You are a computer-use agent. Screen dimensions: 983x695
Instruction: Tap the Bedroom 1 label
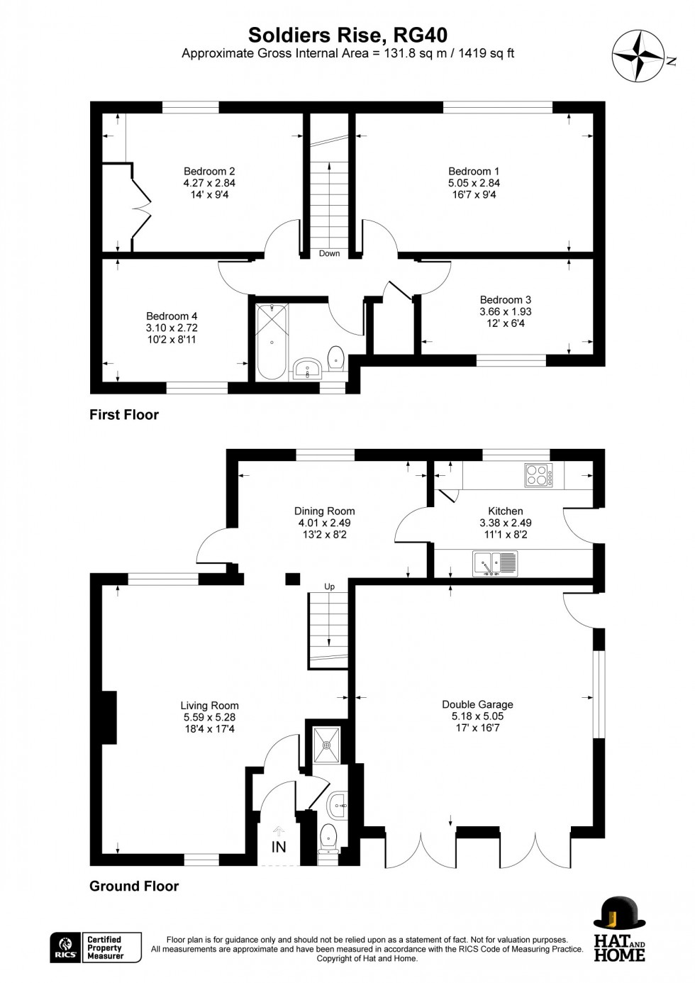(474, 171)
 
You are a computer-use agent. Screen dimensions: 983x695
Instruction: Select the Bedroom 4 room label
(172, 316)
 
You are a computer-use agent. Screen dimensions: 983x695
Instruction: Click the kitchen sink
(496, 564)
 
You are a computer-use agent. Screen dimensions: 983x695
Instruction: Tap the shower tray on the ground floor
(327, 745)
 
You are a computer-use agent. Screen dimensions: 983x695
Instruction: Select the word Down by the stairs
(329, 253)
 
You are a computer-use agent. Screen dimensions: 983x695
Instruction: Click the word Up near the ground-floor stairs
(329, 587)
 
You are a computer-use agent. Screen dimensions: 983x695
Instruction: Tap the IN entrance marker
(279, 847)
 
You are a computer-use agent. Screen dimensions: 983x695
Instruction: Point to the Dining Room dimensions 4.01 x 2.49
(324, 523)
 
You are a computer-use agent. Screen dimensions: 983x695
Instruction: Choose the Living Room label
(209, 706)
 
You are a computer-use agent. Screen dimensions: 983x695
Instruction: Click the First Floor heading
(124, 415)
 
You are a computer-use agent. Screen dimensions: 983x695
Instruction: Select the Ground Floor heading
(134, 886)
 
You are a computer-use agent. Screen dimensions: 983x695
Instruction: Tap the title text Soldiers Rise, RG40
(347, 35)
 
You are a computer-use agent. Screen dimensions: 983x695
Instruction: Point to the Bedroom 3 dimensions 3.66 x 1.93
(505, 311)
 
